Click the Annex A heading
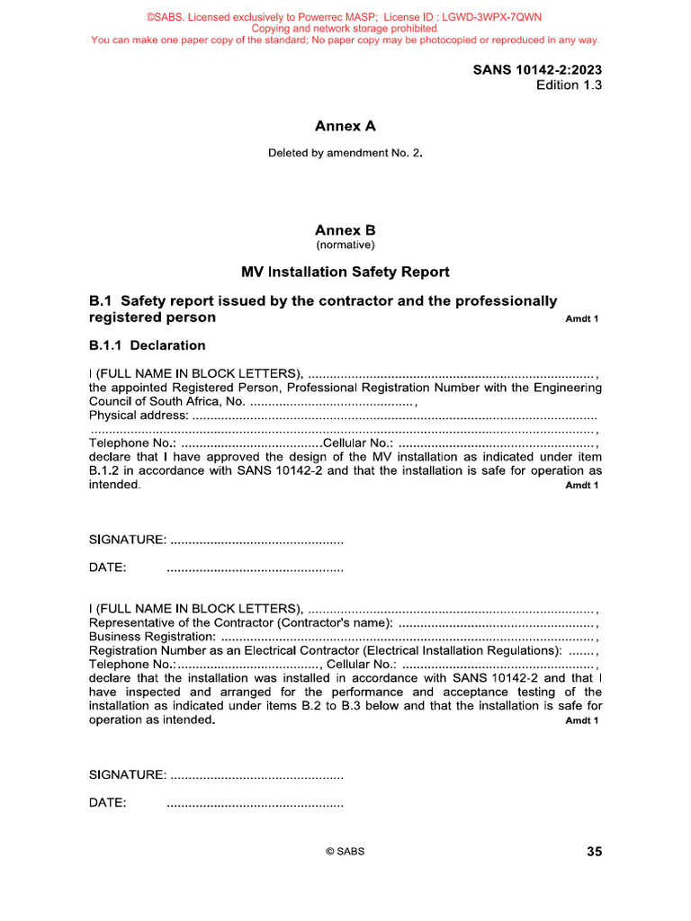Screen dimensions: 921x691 (x=345, y=126)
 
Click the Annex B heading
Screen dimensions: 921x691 (x=345, y=230)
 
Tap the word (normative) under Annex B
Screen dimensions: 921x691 (x=345, y=245)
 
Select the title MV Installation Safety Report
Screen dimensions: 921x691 (x=345, y=272)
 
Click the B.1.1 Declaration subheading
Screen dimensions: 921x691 (x=147, y=345)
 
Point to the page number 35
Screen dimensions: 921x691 (x=594, y=852)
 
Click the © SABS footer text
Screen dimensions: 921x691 (x=345, y=852)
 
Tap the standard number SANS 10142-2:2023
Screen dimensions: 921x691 (x=537, y=70)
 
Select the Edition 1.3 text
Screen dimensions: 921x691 (x=569, y=85)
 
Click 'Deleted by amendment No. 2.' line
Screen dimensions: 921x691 (x=345, y=153)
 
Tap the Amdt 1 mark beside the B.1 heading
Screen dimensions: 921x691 (x=581, y=319)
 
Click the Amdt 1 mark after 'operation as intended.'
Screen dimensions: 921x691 (x=581, y=720)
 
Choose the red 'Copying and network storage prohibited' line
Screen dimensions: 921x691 (x=345, y=29)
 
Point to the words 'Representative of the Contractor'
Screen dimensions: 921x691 (x=180, y=622)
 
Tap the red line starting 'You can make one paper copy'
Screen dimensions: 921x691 (x=345, y=40)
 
